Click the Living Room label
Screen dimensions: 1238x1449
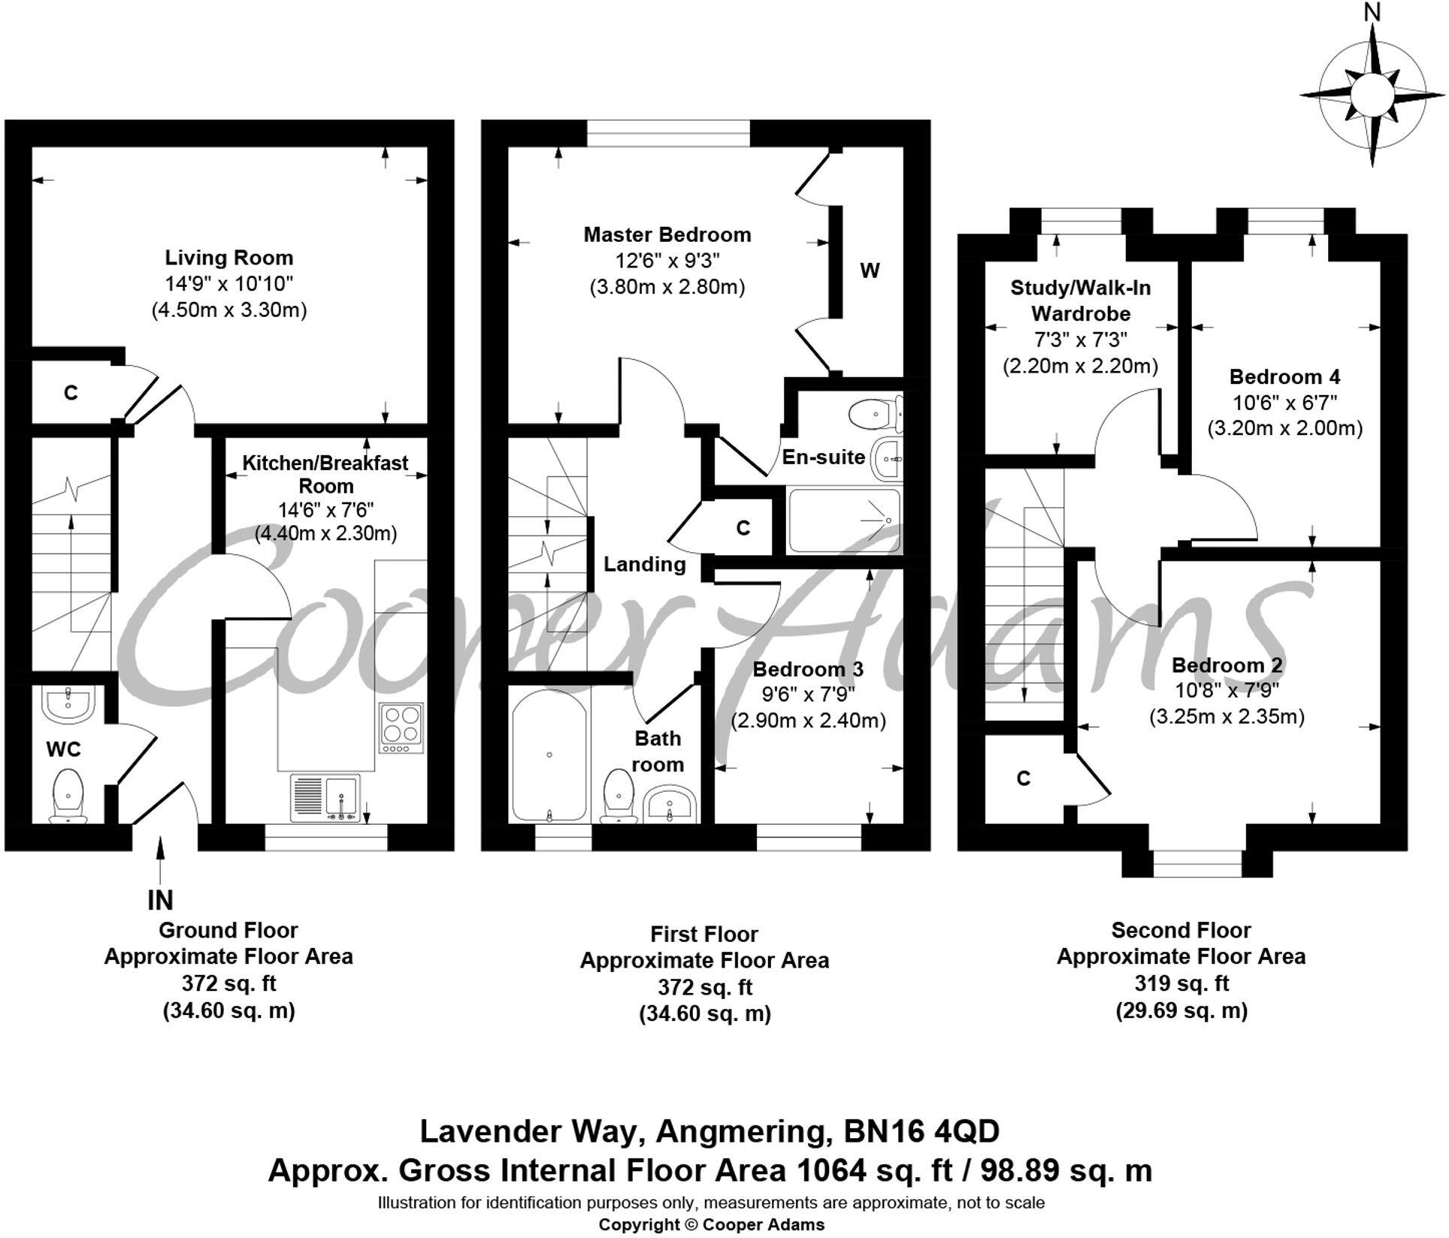point(228,258)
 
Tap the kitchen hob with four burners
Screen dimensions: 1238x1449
point(401,726)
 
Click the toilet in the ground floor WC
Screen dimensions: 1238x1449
point(68,793)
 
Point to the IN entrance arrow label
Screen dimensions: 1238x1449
point(160,899)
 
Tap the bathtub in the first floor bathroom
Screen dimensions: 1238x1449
point(549,755)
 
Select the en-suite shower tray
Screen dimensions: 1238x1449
point(842,520)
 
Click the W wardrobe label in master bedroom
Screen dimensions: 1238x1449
point(870,270)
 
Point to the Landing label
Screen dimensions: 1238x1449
point(645,564)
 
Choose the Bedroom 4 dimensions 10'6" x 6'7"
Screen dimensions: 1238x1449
point(1284,403)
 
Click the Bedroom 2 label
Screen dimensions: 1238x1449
point(1227,665)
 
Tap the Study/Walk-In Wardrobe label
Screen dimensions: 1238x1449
point(1080,300)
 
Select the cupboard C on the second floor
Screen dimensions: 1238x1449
point(1023,778)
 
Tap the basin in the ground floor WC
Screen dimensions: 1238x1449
point(68,704)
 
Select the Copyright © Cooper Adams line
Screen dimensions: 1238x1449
point(711,1224)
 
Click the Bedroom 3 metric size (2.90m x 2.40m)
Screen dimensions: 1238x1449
point(808,720)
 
